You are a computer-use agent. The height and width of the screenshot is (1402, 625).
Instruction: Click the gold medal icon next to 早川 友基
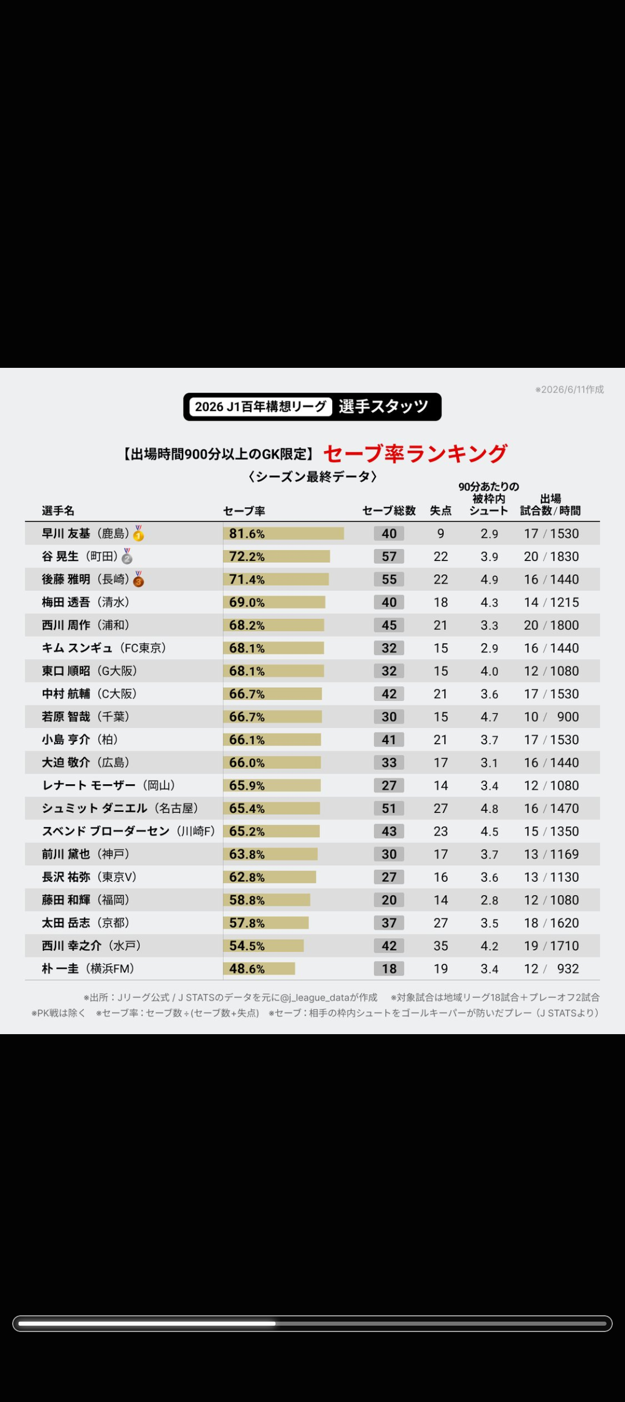click(x=138, y=533)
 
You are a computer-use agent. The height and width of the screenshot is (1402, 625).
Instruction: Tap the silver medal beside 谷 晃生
click(x=127, y=556)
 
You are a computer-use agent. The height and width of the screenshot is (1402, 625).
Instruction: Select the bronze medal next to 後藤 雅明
click(x=138, y=579)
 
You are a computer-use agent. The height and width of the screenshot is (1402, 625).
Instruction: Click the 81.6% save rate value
click(x=247, y=533)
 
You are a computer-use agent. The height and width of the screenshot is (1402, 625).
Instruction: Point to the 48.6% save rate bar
click(x=259, y=969)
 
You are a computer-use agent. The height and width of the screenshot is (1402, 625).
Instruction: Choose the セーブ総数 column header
click(x=389, y=511)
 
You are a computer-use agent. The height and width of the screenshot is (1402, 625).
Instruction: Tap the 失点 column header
click(x=440, y=511)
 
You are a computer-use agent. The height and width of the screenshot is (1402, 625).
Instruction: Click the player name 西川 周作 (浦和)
click(x=86, y=625)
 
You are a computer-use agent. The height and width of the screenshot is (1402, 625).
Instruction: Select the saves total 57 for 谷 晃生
click(x=389, y=556)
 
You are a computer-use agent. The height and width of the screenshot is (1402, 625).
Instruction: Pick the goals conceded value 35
click(x=441, y=946)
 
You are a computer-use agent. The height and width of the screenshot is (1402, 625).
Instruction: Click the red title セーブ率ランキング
click(x=416, y=453)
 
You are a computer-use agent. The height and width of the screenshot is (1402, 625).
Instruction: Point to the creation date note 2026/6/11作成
click(x=569, y=390)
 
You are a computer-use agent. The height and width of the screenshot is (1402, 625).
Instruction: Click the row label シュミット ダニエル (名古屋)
click(x=120, y=808)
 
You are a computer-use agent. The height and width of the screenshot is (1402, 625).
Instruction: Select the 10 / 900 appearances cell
click(x=552, y=717)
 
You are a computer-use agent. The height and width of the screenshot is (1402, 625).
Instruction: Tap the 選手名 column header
click(x=58, y=511)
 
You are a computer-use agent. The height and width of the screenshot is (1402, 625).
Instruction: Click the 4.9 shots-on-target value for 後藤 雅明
click(x=489, y=580)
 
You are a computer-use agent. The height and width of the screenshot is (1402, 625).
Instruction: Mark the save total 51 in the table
click(x=389, y=809)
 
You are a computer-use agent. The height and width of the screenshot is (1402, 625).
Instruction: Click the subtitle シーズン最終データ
click(x=312, y=477)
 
